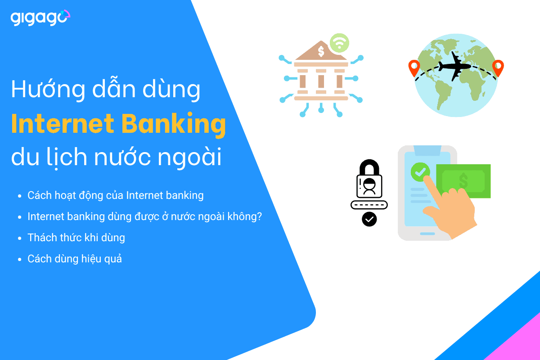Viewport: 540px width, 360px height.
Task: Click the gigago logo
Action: click(x=40, y=18)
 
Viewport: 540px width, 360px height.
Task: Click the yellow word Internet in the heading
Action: click(x=63, y=123)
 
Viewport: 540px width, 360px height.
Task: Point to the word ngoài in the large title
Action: click(x=189, y=157)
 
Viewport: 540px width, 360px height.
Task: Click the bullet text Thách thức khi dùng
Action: click(x=76, y=238)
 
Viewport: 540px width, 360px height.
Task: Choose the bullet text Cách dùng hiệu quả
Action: click(x=75, y=259)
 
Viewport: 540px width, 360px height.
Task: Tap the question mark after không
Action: click(x=259, y=216)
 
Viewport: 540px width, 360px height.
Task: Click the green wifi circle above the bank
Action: click(x=339, y=43)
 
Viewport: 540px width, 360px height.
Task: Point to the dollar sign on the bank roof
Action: click(x=321, y=51)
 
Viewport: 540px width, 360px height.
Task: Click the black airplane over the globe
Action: click(x=454, y=66)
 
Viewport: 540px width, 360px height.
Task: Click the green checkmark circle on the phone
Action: click(x=420, y=172)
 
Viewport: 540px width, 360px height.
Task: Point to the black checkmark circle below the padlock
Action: click(x=369, y=219)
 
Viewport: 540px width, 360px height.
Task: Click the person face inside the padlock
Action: click(x=369, y=186)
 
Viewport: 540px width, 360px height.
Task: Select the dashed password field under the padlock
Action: click(x=369, y=205)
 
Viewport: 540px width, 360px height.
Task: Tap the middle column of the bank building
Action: click(x=321, y=81)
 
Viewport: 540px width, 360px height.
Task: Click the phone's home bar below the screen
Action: click(x=427, y=234)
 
